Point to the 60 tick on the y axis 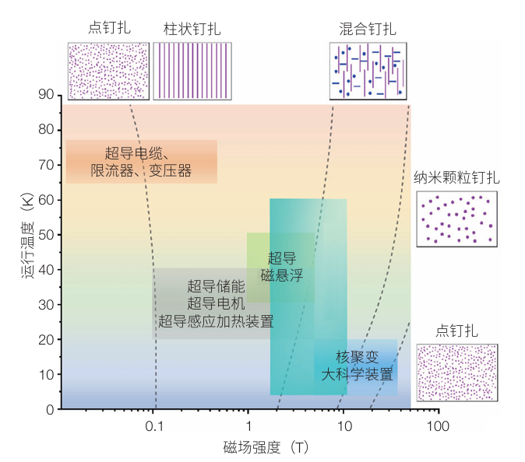click(x=48, y=200)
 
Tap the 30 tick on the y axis click(x=48, y=304)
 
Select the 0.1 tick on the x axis click(x=155, y=426)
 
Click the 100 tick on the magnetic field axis click(x=439, y=426)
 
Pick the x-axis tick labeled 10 click(x=343, y=426)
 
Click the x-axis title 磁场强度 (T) click(x=266, y=447)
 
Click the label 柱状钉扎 click(x=192, y=29)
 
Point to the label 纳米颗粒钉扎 click(x=456, y=178)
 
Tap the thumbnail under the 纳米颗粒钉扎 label click(x=457, y=219)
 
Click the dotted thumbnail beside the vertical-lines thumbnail click(x=108, y=71)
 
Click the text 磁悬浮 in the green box click(x=282, y=275)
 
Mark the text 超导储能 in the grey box click(x=216, y=286)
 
